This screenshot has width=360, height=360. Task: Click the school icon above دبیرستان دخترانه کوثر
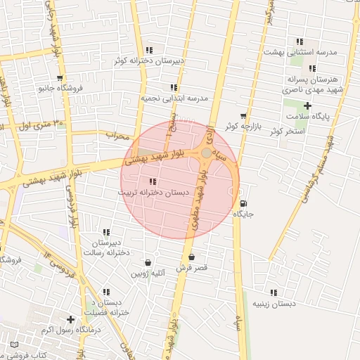coord(148,50)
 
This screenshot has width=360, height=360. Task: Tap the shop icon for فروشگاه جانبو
coord(59,78)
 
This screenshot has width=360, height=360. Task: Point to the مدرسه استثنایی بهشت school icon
coord(300,41)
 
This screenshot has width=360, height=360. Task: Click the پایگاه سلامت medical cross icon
coord(307,105)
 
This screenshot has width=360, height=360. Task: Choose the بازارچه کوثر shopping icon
coord(243,116)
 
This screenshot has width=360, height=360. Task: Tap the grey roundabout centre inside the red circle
coord(205,153)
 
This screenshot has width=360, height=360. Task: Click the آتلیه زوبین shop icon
coord(148,262)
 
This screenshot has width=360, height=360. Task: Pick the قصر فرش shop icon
coord(191,257)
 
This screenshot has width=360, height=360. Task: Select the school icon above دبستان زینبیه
coord(274,292)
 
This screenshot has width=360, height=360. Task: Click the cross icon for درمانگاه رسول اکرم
coord(70,319)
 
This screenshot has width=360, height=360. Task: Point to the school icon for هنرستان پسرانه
coord(311,68)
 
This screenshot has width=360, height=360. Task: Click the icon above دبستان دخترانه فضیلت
coord(106,292)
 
